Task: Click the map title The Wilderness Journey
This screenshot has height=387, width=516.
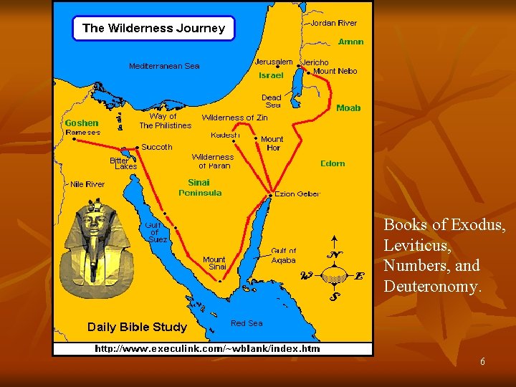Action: [153, 29]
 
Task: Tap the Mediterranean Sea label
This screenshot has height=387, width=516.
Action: [164, 66]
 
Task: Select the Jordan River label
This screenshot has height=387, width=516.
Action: [333, 24]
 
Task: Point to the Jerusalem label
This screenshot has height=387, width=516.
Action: [274, 62]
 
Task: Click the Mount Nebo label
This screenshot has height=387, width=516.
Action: [335, 71]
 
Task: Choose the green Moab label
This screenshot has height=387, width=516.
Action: [348, 108]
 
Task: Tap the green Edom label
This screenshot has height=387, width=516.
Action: [333, 163]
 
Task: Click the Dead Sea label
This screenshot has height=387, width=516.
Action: [272, 101]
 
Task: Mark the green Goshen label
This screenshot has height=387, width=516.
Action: [82, 123]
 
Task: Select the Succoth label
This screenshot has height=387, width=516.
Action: [157, 147]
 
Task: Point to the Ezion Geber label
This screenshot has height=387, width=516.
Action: [297, 193]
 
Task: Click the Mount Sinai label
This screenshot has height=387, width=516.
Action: [214, 263]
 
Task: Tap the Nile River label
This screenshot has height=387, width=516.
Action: [87, 184]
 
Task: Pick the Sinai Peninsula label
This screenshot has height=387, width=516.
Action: [200, 188]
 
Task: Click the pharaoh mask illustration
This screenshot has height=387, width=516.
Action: [93, 247]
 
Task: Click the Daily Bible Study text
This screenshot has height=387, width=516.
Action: [137, 327]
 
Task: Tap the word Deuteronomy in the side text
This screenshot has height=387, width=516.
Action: [431, 286]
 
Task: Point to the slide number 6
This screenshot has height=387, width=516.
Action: [482, 363]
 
